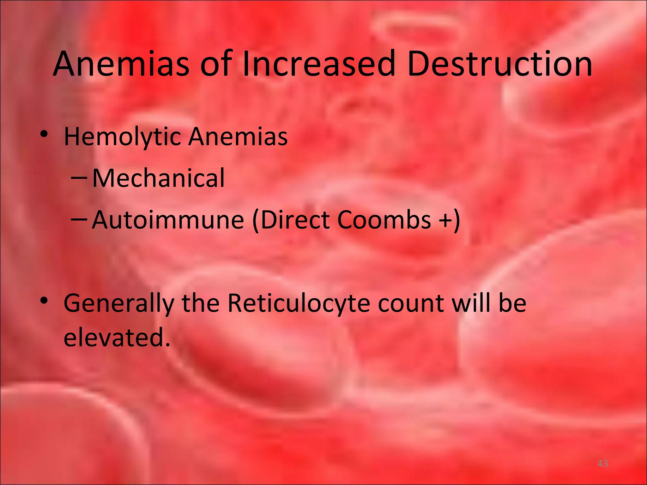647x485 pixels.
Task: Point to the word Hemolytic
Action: [x=122, y=137]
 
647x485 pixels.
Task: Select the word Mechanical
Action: [x=158, y=178]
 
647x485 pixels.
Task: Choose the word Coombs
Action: [x=384, y=220]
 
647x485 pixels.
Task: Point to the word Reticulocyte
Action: [x=299, y=303]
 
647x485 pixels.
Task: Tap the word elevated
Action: [x=117, y=337]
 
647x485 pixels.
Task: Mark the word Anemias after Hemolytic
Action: [x=238, y=137]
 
